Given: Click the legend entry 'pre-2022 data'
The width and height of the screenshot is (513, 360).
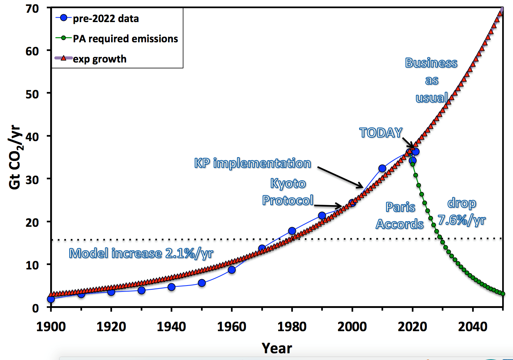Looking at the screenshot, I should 106,18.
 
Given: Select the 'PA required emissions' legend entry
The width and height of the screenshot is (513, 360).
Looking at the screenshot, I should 125,39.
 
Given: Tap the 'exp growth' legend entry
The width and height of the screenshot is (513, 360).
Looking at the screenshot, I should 100,59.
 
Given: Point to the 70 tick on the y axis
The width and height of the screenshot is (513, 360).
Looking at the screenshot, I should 33,9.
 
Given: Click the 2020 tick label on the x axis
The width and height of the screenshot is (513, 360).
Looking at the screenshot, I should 412,327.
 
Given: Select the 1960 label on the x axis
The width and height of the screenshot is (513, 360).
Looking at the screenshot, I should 231,327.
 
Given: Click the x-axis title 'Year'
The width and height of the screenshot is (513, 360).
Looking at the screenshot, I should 277,348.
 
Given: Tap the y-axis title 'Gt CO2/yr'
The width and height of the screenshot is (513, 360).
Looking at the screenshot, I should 15,157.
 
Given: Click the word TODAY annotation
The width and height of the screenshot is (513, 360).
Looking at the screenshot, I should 380,132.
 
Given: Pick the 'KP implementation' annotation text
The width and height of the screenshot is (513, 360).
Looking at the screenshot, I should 252,163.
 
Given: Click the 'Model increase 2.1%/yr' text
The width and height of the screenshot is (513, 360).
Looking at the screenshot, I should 141,253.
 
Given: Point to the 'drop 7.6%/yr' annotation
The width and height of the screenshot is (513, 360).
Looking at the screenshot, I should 461,211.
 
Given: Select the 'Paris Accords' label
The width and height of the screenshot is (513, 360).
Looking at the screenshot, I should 400,216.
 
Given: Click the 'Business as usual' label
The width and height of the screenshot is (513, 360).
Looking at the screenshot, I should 431,80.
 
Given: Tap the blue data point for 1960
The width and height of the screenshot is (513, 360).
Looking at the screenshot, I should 231,269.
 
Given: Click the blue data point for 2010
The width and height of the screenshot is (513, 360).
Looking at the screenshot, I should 382,168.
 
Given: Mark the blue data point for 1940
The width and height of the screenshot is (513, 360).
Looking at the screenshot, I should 171,287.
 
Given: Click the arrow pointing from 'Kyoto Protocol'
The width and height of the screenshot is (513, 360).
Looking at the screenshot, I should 328,205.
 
